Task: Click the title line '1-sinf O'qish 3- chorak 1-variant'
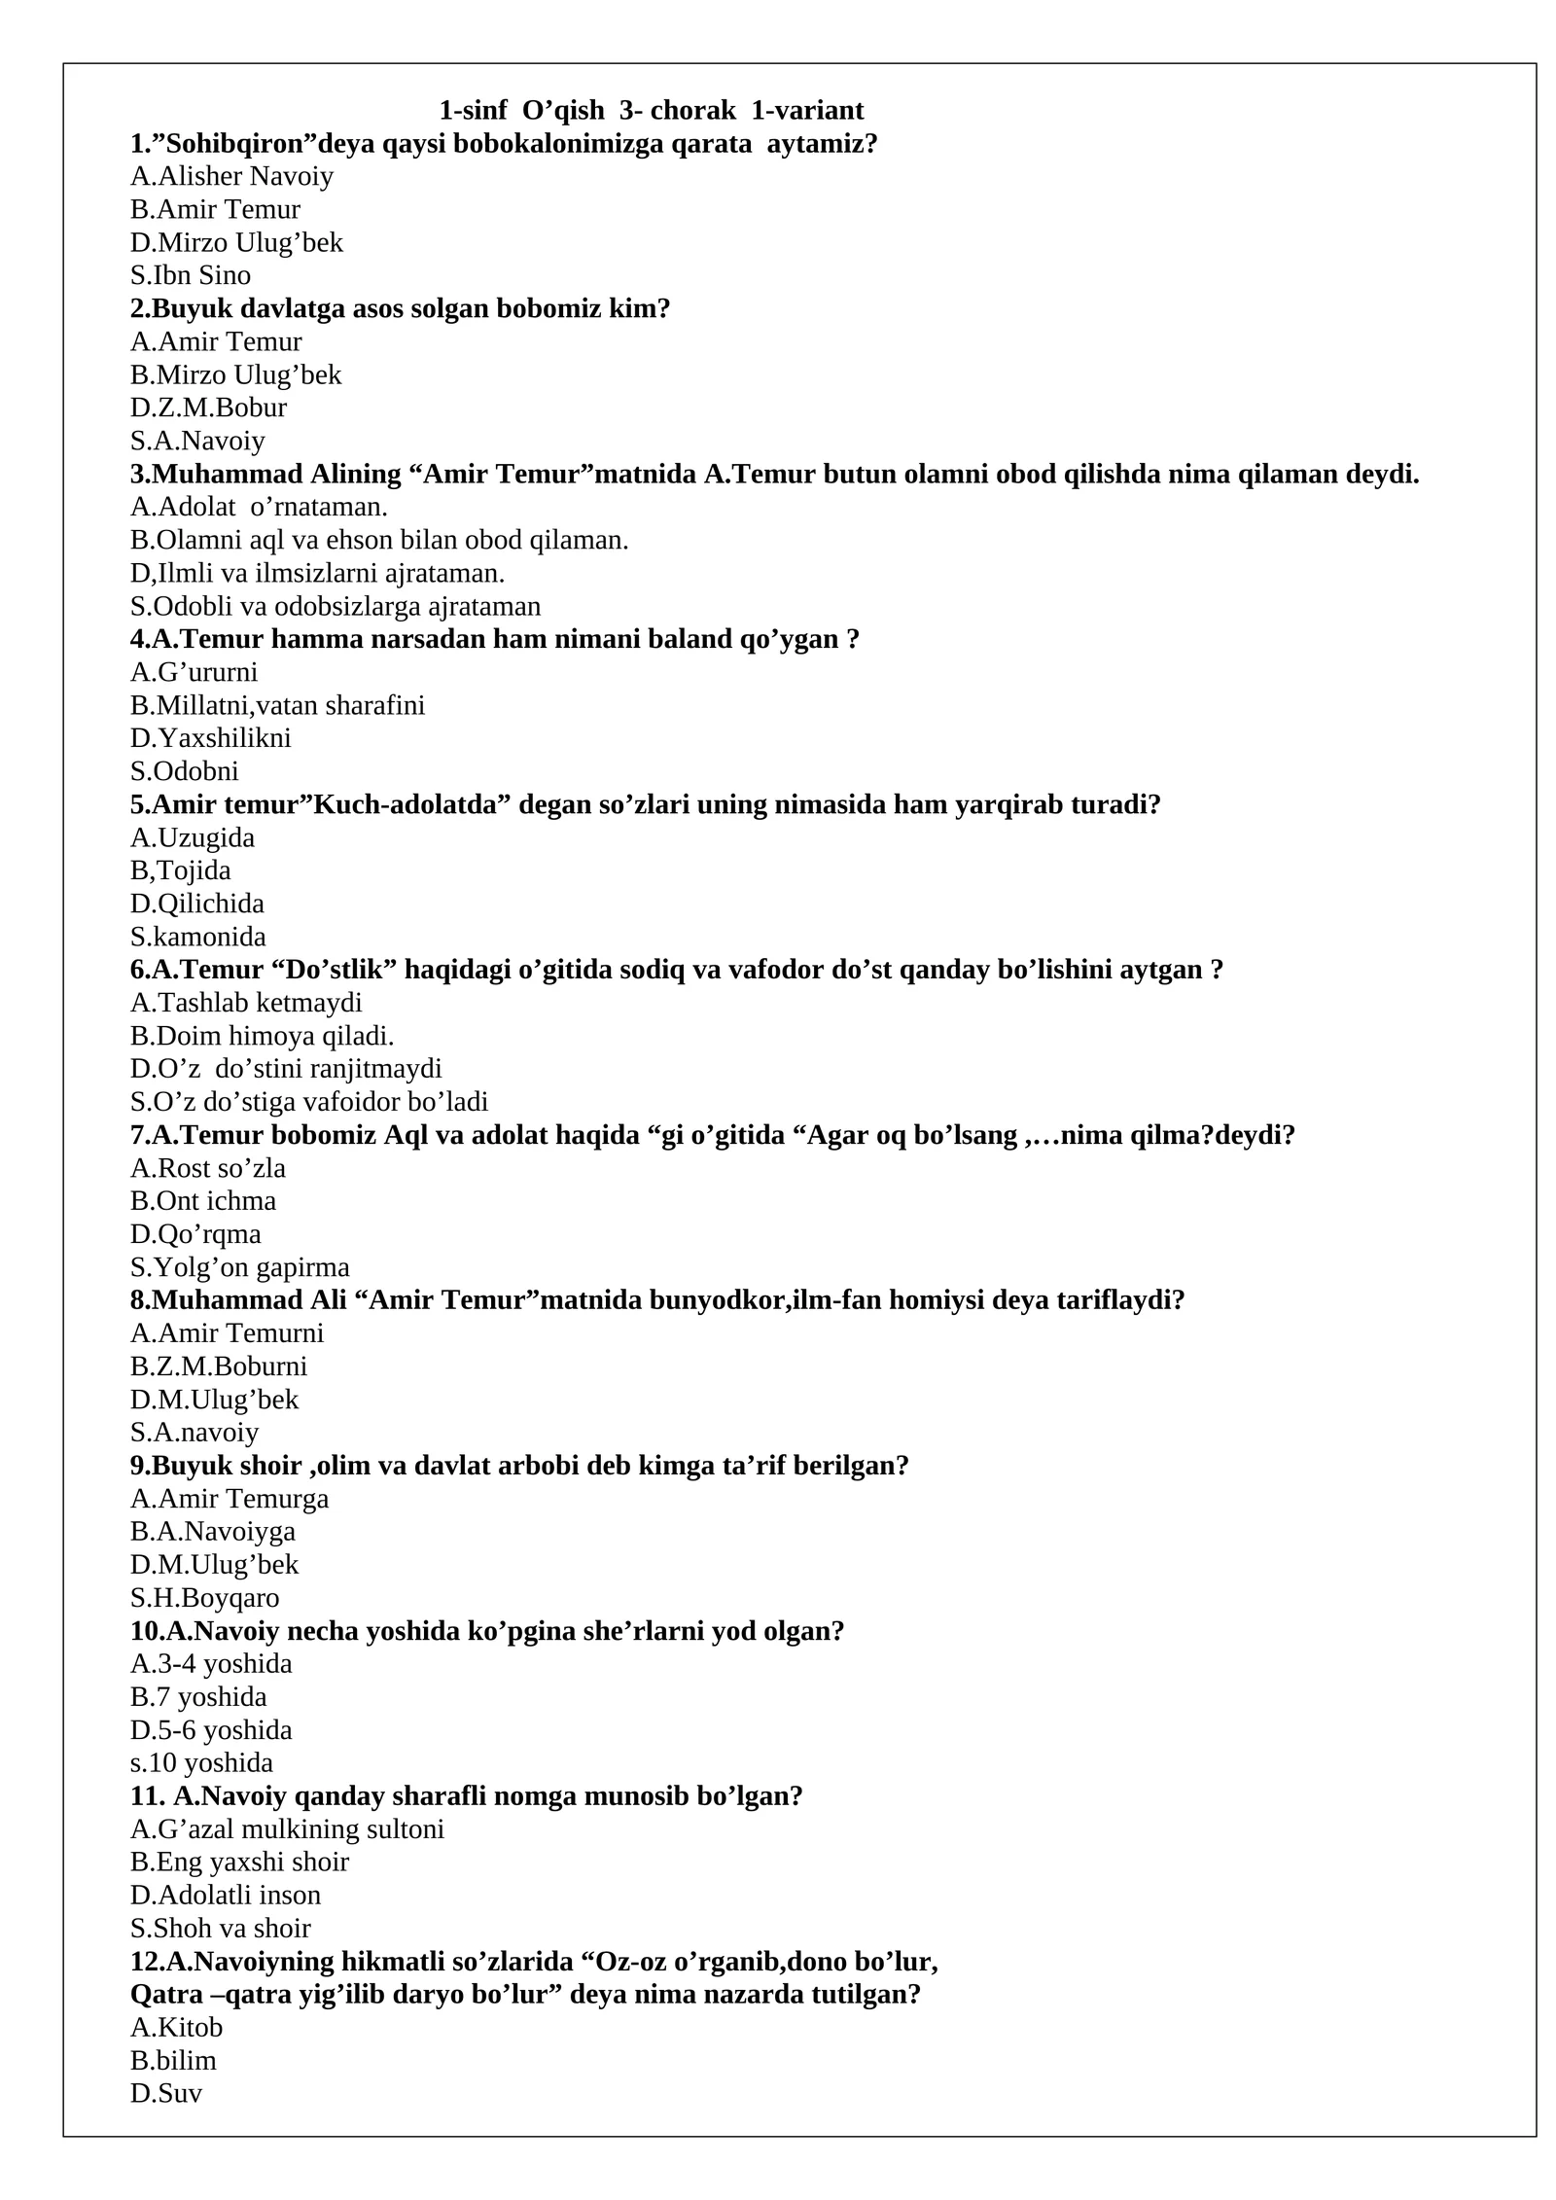tap(651, 110)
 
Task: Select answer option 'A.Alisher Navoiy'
tap(231, 176)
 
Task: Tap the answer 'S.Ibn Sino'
tap(191, 275)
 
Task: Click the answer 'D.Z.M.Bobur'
tap(208, 408)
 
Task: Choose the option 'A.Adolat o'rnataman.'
tap(259, 507)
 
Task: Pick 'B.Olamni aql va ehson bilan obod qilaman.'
tap(379, 540)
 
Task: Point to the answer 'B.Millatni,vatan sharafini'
tap(277, 705)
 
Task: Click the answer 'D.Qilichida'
tap(197, 904)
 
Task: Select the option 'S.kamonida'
tap(197, 937)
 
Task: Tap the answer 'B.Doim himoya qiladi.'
tap(262, 1036)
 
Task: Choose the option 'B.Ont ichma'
tap(203, 1201)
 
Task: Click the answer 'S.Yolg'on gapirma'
tap(239, 1267)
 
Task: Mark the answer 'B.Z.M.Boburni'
tap(219, 1366)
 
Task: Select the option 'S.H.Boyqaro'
tap(204, 1598)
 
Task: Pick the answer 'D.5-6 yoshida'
tap(211, 1730)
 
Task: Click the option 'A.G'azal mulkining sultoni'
tap(287, 1829)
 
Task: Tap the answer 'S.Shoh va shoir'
tap(221, 1929)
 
